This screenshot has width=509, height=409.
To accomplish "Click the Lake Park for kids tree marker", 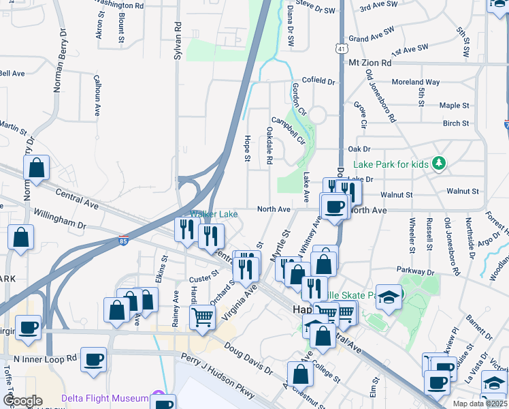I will [440, 164].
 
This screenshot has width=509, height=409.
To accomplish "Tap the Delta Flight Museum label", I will [105, 399].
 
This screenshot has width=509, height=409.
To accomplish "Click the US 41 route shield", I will [340, 49].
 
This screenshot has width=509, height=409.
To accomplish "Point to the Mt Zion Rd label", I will [370, 63].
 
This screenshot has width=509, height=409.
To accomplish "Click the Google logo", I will [22, 401].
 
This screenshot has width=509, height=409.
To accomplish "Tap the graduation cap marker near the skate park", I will [389, 297].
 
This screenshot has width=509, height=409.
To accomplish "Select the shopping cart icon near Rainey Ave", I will [203, 316].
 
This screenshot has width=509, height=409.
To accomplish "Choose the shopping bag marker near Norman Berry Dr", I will [37, 168].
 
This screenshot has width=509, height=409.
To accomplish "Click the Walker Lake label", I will [214, 215].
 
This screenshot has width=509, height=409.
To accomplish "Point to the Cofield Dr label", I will [314, 81].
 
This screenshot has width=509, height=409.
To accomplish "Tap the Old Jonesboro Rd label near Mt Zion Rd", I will [380, 95].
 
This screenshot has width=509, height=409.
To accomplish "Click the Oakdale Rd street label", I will [269, 145].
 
